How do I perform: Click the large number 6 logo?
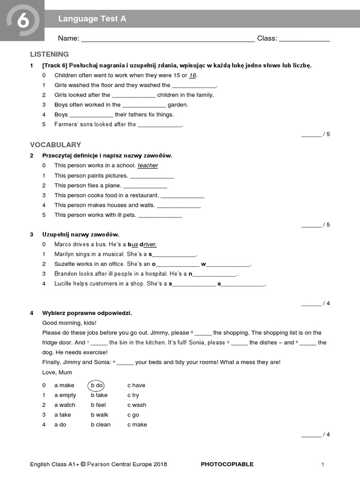(22, 21)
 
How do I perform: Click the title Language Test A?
(92, 19)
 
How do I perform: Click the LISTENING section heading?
(49, 54)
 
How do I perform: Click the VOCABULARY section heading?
(55, 145)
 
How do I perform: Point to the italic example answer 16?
(193, 75)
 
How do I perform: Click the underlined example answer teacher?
(148, 165)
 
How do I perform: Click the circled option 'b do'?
(97, 385)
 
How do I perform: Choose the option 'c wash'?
(137, 405)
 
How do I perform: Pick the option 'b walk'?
(99, 415)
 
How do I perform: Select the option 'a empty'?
(65, 395)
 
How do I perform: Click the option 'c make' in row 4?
(137, 425)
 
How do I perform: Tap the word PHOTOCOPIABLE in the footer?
(227, 465)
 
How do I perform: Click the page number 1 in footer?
(323, 465)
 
